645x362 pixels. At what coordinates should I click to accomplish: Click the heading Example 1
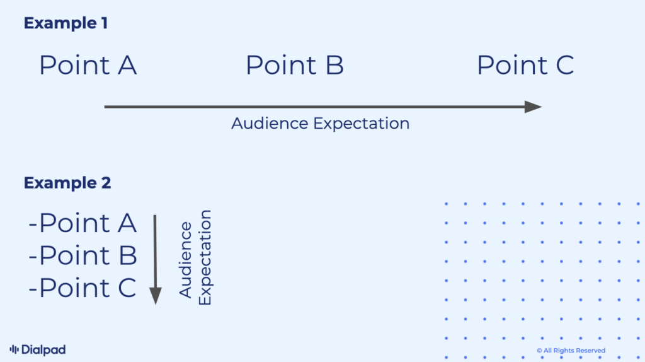66,23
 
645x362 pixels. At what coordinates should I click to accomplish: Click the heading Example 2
67,183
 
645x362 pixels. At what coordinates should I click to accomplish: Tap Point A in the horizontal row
88,66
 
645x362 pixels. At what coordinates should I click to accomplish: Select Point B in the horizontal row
294,66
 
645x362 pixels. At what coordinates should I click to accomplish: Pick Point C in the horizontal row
525,66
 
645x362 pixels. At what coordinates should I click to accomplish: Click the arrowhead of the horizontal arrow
534,107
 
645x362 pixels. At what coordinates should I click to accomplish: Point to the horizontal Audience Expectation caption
320,123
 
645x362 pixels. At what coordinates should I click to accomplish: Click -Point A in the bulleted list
83,223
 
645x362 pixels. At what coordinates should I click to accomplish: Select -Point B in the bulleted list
83,255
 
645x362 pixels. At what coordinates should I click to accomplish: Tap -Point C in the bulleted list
83,288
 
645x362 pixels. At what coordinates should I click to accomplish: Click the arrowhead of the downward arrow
155,296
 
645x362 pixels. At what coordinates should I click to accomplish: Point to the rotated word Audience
186,260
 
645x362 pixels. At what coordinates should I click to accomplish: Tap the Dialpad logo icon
14,349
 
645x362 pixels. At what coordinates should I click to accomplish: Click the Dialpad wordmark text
43,349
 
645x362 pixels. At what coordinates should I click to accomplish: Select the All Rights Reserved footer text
574,351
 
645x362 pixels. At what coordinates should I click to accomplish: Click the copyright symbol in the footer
539,351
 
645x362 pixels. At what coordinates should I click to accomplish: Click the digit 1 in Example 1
103,23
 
